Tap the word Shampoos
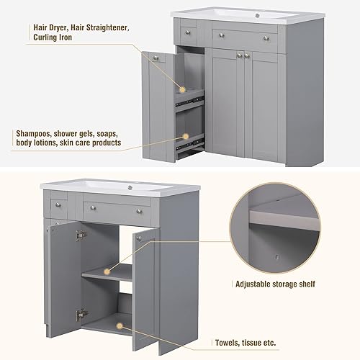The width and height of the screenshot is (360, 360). click(x=35, y=133)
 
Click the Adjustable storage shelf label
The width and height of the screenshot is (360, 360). click(x=275, y=284)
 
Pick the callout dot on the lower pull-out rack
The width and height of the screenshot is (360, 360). click(x=185, y=135)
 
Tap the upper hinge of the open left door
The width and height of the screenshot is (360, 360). click(x=81, y=235)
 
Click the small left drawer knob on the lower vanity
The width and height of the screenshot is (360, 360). click(x=60, y=204)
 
